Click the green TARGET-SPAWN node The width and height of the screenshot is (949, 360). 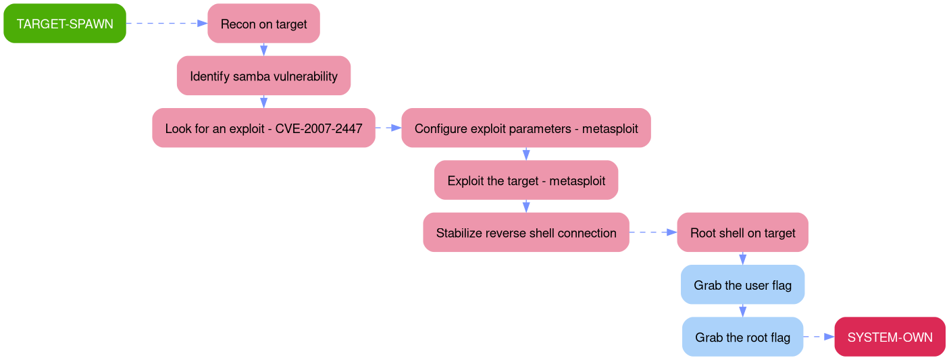(x=65, y=24)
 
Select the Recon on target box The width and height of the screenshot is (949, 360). (x=263, y=24)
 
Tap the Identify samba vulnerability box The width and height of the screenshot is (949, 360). (x=263, y=76)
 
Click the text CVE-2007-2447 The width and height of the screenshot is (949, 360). (x=319, y=128)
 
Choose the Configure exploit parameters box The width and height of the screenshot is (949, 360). (x=525, y=128)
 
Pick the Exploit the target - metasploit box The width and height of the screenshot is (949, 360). (x=525, y=180)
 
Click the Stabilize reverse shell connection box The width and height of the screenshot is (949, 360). (x=525, y=233)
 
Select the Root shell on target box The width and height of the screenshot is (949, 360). (x=742, y=233)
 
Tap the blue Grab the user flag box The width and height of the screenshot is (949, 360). (x=742, y=285)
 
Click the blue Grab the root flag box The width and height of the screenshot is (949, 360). (x=742, y=337)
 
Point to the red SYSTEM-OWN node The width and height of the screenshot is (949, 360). (x=890, y=337)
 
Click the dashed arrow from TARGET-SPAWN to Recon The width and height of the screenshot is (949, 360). (x=166, y=24)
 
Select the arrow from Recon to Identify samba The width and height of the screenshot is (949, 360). (x=263, y=50)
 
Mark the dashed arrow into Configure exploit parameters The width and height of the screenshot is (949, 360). (x=388, y=128)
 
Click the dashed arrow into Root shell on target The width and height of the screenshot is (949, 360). (x=652, y=233)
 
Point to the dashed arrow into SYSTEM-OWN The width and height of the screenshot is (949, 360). (x=819, y=337)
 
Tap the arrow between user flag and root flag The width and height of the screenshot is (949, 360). (x=742, y=311)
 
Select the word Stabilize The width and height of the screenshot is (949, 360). (x=459, y=233)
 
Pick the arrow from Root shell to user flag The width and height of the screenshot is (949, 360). (x=742, y=259)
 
